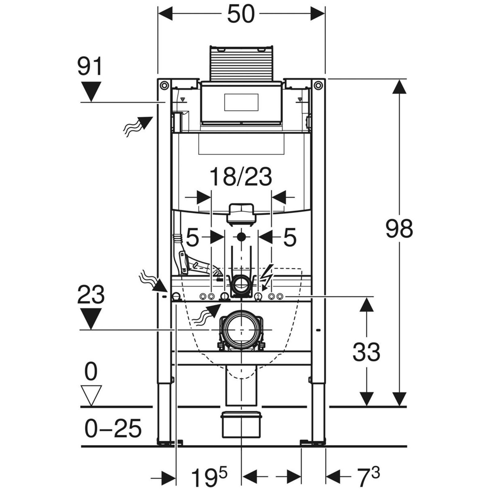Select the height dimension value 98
tap(399, 229)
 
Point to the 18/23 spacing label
tap(241, 177)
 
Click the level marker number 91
tap(89, 67)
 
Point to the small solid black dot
tap(242, 237)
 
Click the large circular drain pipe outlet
tap(241, 329)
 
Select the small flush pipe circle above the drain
tap(241, 284)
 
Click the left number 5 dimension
tap(192, 238)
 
